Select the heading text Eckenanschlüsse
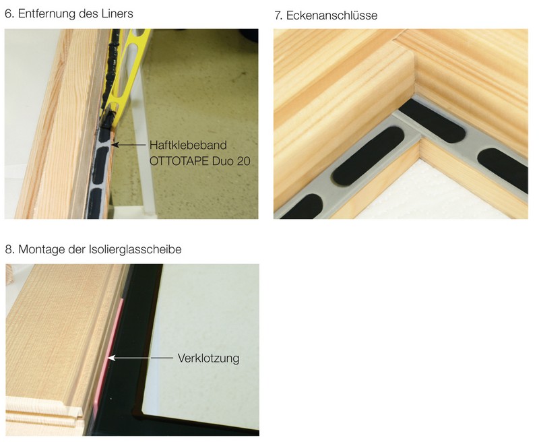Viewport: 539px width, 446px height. [x=331, y=15]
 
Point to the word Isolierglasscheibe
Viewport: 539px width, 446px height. [x=135, y=249]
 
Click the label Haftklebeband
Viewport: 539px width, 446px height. [x=188, y=145]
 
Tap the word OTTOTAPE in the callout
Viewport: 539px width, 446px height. [x=179, y=161]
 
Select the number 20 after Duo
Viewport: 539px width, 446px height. [x=243, y=161]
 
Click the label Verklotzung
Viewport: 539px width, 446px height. [x=208, y=358]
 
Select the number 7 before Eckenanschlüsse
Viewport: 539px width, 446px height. [x=278, y=15]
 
